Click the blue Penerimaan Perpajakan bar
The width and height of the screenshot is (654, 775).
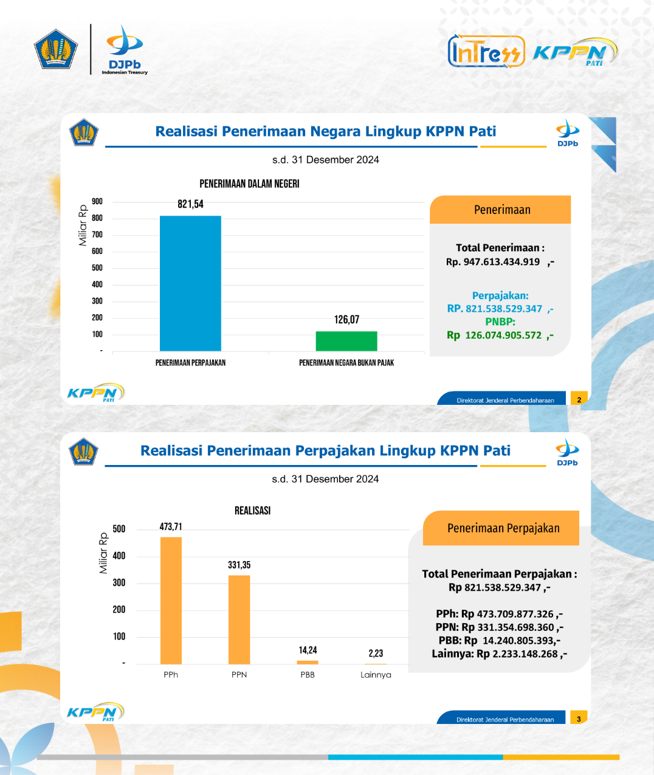coord(190,283)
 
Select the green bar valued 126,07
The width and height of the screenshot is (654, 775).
coord(346,341)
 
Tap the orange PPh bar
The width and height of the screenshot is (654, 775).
coord(171,601)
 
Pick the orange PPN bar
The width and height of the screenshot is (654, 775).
coord(239,620)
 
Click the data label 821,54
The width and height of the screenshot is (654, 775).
coord(190,204)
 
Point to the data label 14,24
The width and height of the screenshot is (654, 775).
coord(308,650)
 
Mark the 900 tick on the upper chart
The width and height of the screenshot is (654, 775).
coord(97,202)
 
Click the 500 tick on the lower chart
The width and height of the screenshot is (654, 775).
coord(119,529)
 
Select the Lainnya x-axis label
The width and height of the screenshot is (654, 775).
coord(376,675)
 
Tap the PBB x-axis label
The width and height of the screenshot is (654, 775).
coord(308,675)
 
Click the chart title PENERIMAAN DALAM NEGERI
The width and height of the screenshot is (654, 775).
coord(249,184)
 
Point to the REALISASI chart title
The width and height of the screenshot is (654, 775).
coord(252,511)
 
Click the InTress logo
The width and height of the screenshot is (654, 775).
coord(486,51)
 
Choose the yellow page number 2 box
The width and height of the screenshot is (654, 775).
coord(579,399)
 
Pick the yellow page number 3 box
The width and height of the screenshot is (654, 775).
coord(579,718)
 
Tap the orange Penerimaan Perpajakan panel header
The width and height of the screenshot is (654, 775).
coord(501,528)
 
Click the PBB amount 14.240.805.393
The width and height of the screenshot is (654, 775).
coord(519,641)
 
